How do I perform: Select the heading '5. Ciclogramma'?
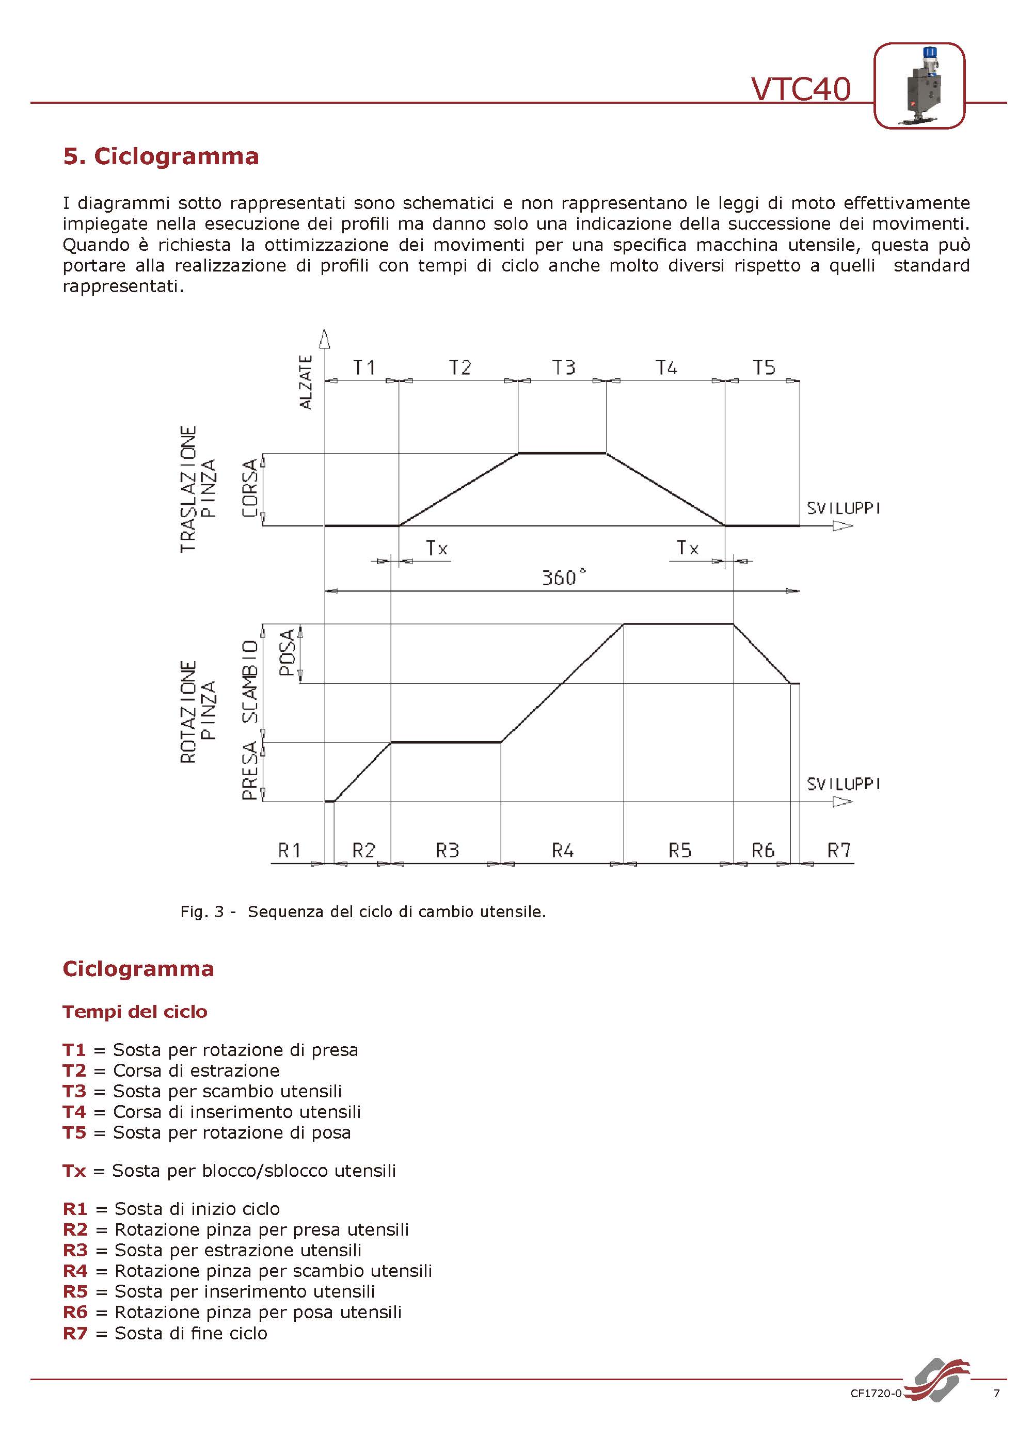[x=161, y=156]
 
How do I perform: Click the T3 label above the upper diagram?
[x=564, y=367]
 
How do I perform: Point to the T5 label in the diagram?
[x=764, y=367]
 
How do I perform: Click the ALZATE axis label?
[x=306, y=381]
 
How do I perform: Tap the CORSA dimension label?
[x=250, y=488]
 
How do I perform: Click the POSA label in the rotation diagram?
[x=288, y=652]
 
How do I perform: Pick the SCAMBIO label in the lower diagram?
[x=250, y=681]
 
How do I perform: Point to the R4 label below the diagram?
[x=562, y=850]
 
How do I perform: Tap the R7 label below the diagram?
[x=838, y=850]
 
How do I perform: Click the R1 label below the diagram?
[x=290, y=850]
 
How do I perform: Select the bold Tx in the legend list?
[x=74, y=1171]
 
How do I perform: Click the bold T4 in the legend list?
[x=74, y=1112]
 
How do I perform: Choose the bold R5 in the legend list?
[x=75, y=1291]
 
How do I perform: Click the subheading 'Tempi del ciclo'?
[x=135, y=1012]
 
